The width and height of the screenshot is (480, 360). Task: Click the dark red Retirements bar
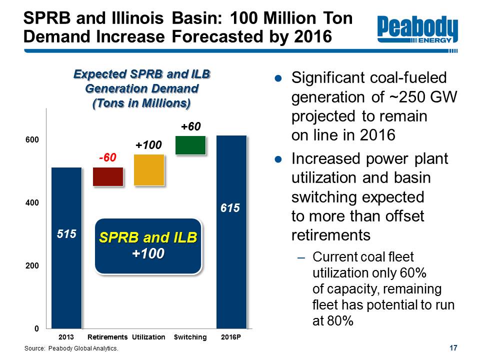click(108, 176)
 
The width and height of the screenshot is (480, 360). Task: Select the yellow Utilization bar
click(149, 170)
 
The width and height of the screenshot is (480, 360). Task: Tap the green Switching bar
click(190, 145)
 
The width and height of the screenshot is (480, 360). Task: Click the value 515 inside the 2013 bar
click(66, 234)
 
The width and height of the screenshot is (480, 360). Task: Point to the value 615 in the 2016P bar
click(230, 208)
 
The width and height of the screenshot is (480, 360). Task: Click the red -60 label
click(108, 157)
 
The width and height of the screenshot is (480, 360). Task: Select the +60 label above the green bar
click(190, 126)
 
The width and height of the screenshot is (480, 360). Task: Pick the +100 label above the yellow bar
click(149, 145)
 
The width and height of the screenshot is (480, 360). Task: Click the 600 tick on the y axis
click(32, 140)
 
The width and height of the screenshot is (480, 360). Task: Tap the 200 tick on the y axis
click(32, 265)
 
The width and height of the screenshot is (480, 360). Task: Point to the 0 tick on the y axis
click(36, 328)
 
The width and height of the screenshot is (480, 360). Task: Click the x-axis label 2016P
click(231, 337)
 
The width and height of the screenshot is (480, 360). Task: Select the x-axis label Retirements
click(107, 337)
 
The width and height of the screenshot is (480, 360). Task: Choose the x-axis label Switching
click(190, 337)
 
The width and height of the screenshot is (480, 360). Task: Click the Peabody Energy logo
click(417, 29)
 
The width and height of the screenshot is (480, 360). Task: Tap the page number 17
click(453, 348)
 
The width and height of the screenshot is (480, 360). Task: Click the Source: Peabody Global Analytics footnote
click(71, 348)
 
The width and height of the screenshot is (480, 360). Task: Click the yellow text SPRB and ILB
click(148, 237)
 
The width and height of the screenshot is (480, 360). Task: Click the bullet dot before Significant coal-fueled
click(278, 78)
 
